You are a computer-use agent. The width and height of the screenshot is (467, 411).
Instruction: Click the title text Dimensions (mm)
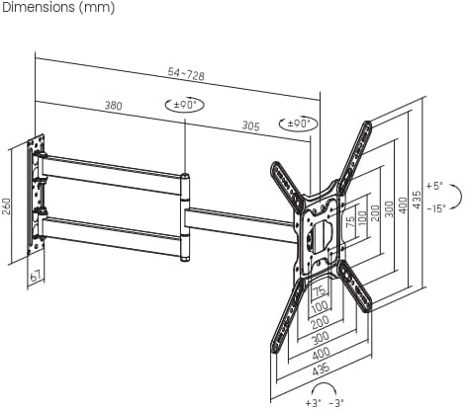pos(58,8)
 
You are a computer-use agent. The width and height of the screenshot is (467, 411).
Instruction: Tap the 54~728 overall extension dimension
pos(186,74)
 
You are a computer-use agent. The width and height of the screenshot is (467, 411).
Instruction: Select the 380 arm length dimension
pos(114,106)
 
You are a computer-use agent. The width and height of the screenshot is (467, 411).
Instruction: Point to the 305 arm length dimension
pos(251,125)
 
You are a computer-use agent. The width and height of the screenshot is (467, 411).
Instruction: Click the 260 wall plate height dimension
pos(7,206)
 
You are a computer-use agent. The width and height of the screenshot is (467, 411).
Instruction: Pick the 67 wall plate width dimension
pos(36,276)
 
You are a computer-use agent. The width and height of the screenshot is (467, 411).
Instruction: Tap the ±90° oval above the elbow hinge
pos(185,105)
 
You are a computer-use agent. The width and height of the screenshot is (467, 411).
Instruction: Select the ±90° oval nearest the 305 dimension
pos(299,123)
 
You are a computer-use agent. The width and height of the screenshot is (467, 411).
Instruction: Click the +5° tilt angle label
pos(433,186)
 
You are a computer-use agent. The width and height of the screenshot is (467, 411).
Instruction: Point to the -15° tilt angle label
pos(436,208)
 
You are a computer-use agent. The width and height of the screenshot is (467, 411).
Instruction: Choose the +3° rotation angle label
pos(313,403)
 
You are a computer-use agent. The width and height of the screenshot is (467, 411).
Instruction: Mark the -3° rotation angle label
pos(336,403)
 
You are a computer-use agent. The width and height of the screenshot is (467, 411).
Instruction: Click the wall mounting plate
pos(37,195)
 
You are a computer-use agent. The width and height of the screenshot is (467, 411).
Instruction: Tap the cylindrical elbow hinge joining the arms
pos(185,217)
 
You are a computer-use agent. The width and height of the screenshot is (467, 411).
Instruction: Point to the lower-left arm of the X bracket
pos(287,316)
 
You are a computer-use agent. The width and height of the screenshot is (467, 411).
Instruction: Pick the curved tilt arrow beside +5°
pos(458,197)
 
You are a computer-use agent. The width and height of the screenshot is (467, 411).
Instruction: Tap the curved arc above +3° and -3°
pos(325,387)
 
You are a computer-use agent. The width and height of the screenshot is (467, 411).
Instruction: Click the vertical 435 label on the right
pos(418,200)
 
